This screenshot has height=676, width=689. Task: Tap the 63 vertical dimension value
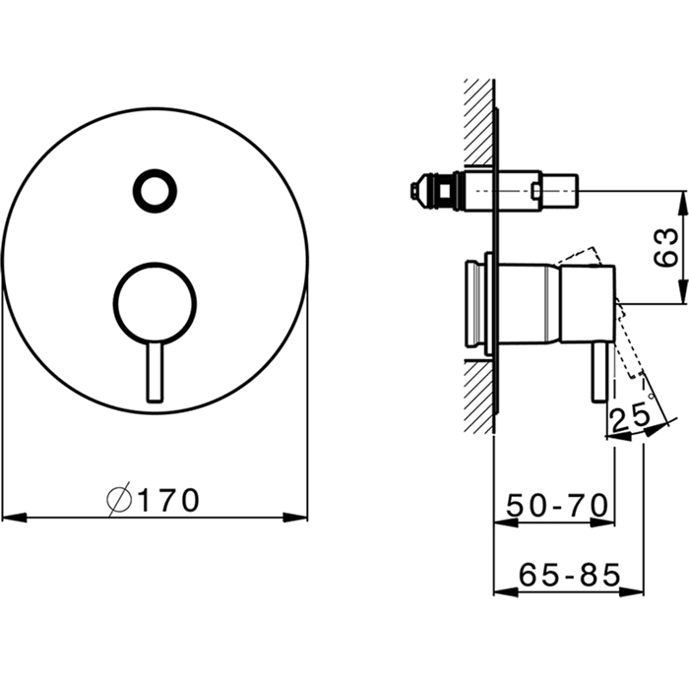coord(665,248)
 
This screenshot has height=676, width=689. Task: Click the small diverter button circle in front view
coord(155,192)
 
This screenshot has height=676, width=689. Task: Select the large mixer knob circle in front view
coord(155,303)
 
